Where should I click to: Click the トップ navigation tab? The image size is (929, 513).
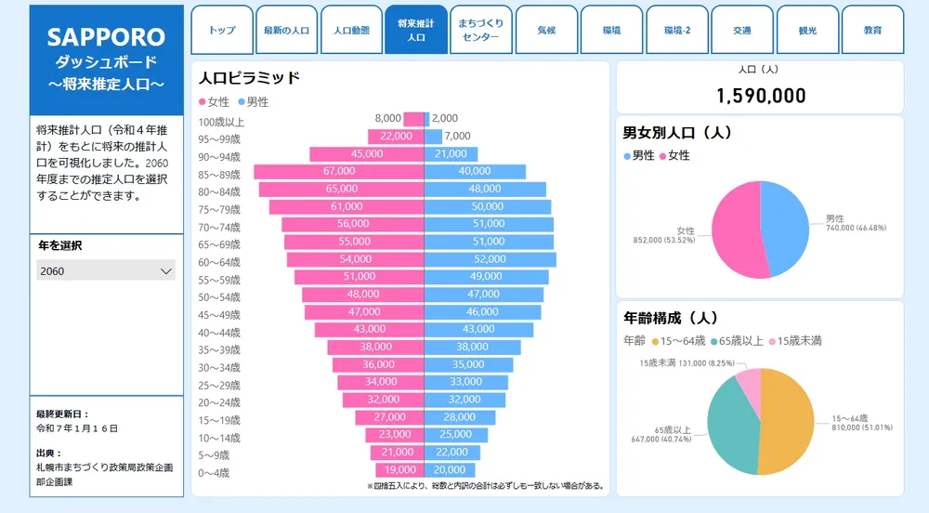pyautogui.click(x=222, y=30)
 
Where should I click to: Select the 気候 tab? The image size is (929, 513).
pyautogui.click(x=546, y=30)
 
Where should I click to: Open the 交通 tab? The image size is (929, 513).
pyautogui.click(x=741, y=30)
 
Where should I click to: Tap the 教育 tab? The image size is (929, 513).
pyautogui.click(x=872, y=30)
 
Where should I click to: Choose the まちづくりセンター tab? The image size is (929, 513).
pyautogui.click(x=479, y=30)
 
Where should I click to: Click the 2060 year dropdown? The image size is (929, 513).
pyautogui.click(x=106, y=270)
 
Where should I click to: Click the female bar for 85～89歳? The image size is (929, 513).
pyautogui.click(x=339, y=172)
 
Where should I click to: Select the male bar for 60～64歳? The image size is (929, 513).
pyautogui.click(x=490, y=259)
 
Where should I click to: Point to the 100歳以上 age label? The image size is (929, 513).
pyautogui.click(x=221, y=121)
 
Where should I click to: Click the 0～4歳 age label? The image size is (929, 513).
pyautogui.click(x=214, y=473)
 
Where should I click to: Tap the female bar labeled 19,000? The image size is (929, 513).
pyautogui.click(x=400, y=470)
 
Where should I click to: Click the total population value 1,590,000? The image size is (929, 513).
pyautogui.click(x=760, y=95)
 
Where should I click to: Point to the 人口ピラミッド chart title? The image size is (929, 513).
pyautogui.click(x=249, y=78)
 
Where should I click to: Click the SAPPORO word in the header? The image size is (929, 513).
pyautogui.click(x=106, y=37)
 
